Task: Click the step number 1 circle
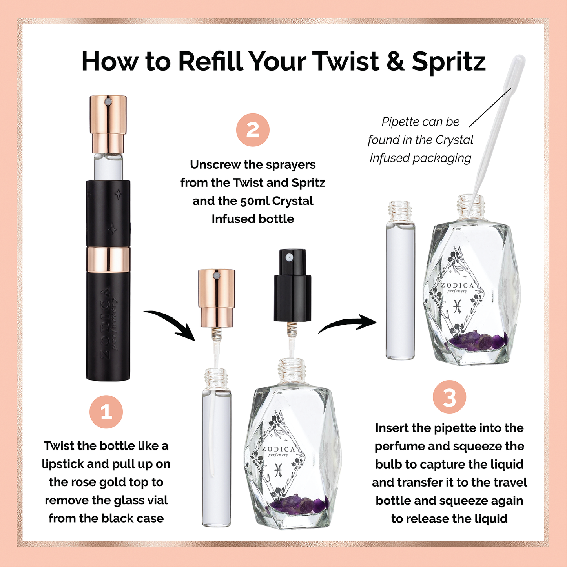106,412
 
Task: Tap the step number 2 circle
253,130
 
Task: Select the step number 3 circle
449,397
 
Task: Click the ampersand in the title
396,62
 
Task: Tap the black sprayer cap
292,286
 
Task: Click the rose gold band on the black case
108,259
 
